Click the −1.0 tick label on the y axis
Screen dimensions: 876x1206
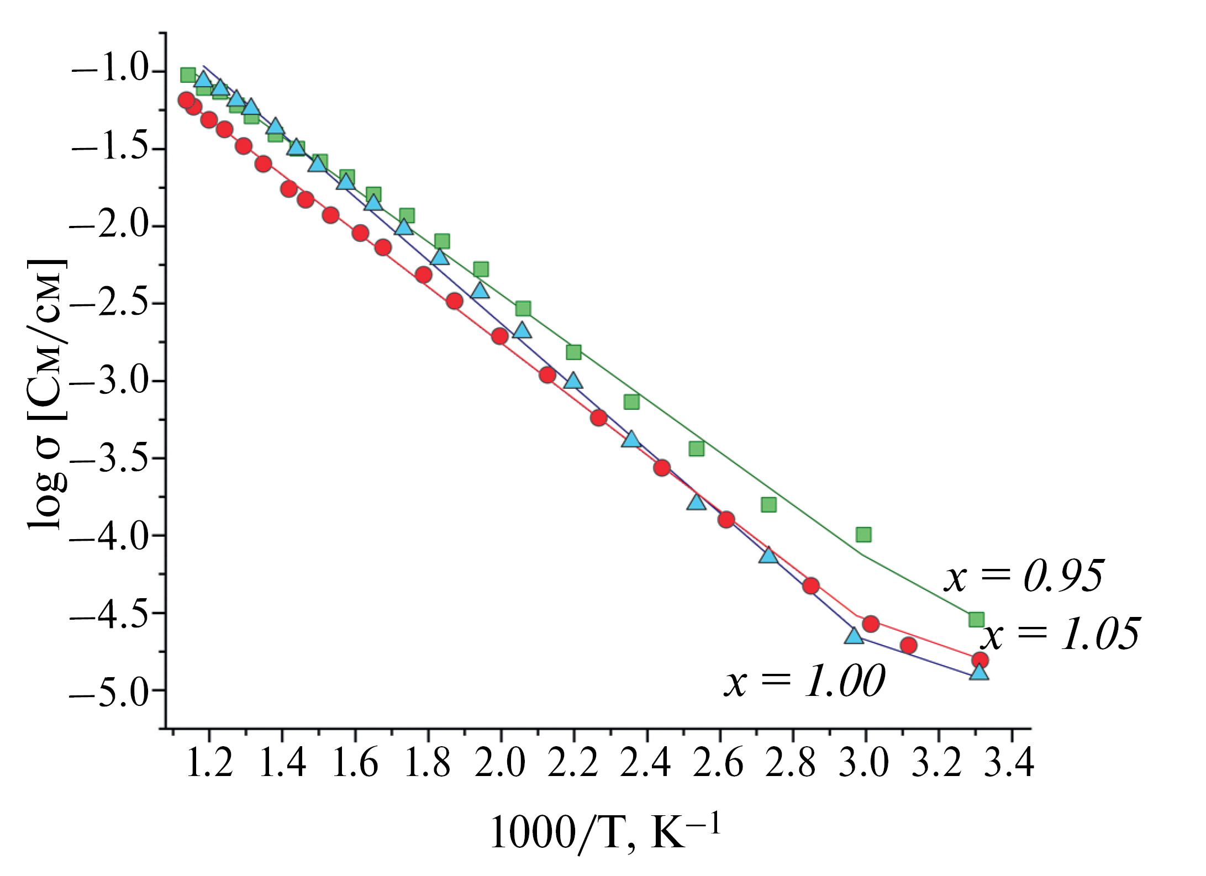click(114, 72)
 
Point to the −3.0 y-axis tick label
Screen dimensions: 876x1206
click(114, 381)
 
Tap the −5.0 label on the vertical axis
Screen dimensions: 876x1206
click(114, 690)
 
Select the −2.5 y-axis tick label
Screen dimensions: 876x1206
click(114, 304)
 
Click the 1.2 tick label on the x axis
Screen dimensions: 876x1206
click(209, 764)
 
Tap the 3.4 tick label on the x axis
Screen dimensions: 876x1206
click(1011, 764)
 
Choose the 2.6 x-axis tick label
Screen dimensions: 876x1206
click(719, 764)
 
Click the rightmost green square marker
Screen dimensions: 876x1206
click(976, 619)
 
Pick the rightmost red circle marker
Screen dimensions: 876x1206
click(980, 659)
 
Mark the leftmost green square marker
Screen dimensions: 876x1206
click(188, 75)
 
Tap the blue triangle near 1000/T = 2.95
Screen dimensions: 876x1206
click(854, 636)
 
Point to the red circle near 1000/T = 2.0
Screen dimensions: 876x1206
click(500, 336)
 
